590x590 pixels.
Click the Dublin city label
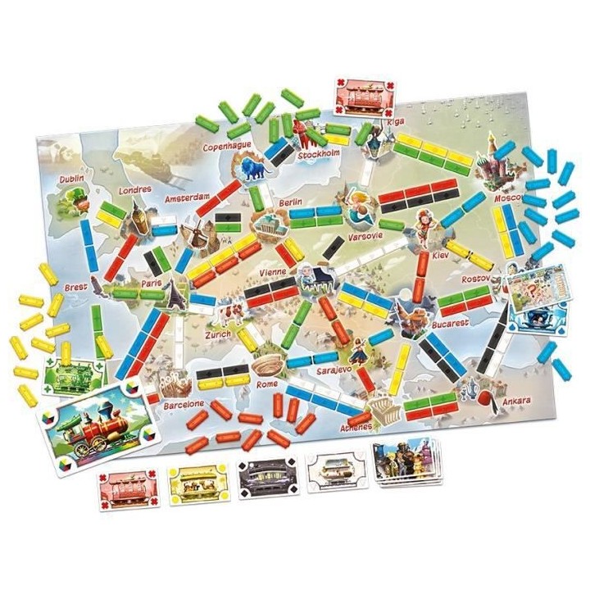(72, 178)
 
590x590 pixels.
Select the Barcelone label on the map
(182, 403)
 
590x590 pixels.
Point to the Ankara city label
(514, 401)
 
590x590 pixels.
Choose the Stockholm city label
(319, 153)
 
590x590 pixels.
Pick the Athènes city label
(358, 426)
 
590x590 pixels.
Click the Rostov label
(476, 279)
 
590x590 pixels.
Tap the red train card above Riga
(361, 99)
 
